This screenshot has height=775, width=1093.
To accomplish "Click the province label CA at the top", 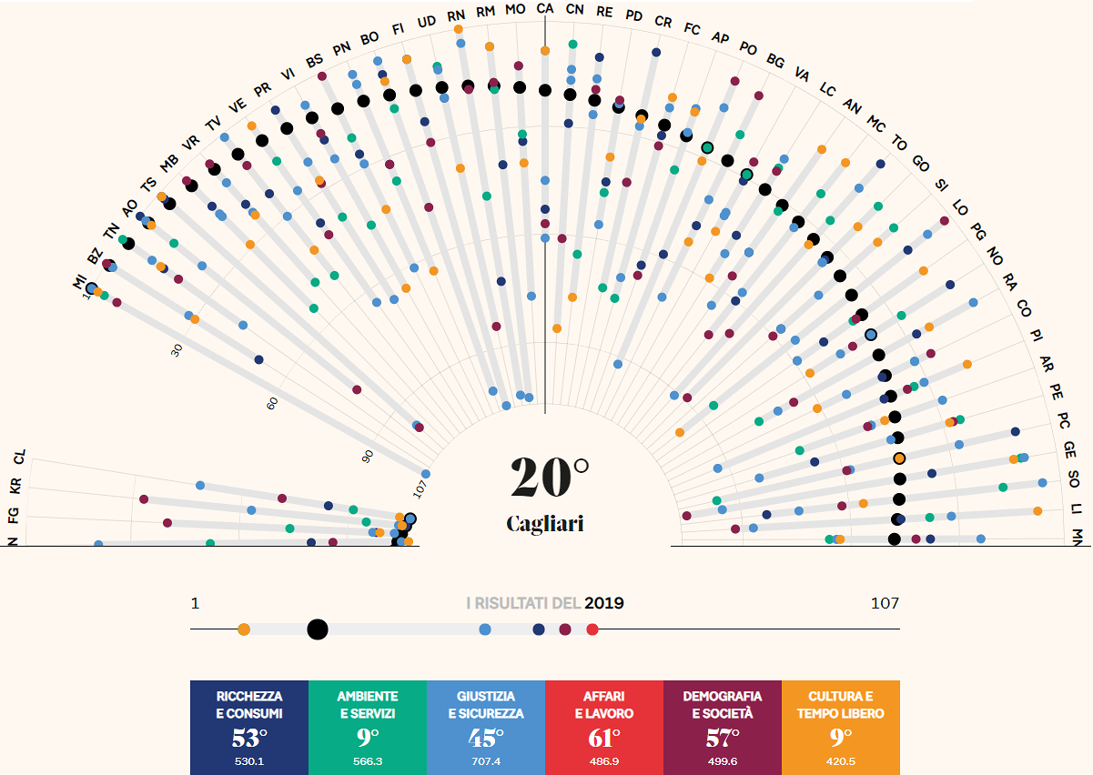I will click(544, 8).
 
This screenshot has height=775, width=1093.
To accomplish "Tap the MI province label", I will click(79, 284).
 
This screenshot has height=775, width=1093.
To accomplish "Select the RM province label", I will click(486, 11).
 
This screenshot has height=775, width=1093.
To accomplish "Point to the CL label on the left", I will click(20, 457).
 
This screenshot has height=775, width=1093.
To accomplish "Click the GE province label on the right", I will click(1070, 448).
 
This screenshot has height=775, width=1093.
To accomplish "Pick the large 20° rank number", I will click(549, 477).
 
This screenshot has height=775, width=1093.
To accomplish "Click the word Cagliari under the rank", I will click(544, 524).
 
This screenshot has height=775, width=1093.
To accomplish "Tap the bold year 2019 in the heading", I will click(604, 602).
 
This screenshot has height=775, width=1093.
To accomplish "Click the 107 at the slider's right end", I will click(885, 602).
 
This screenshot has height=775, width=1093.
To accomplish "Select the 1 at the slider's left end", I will click(195, 602).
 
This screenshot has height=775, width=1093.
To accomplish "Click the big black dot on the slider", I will click(318, 629).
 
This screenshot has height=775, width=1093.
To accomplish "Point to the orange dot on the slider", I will click(243, 629).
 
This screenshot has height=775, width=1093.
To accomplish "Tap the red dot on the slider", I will click(592, 629).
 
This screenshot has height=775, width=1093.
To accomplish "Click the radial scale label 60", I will click(272, 403).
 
